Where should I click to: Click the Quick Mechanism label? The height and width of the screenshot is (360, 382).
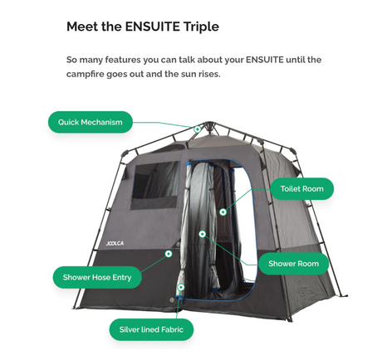(91, 122)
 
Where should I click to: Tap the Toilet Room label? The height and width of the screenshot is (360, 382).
(302, 189)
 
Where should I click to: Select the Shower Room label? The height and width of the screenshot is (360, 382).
(294, 264)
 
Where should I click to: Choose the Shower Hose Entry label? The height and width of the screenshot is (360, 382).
(97, 277)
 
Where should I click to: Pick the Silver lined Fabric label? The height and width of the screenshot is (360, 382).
(151, 329)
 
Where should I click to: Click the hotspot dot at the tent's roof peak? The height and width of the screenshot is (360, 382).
(198, 129)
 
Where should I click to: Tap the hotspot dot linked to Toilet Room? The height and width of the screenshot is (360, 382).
(223, 212)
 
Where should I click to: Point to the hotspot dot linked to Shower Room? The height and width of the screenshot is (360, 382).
(203, 234)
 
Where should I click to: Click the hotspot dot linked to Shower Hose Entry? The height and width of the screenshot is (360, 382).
(169, 254)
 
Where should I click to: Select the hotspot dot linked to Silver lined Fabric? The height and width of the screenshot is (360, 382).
(181, 287)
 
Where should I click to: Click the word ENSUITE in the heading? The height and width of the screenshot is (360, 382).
(153, 27)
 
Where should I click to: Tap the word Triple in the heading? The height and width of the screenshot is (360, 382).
(201, 27)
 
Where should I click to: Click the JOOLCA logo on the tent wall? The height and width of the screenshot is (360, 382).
(115, 243)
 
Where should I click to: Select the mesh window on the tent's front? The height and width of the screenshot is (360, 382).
(155, 184)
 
